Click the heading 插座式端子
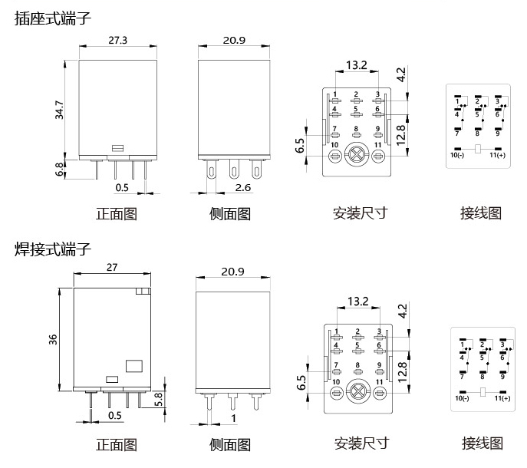click(52, 18)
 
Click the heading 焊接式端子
click(52, 249)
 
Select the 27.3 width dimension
click(117, 39)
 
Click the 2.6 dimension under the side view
click(242, 188)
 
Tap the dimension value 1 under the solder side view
click(232, 418)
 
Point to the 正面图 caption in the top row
click(115, 213)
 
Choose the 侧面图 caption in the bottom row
click(230, 444)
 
